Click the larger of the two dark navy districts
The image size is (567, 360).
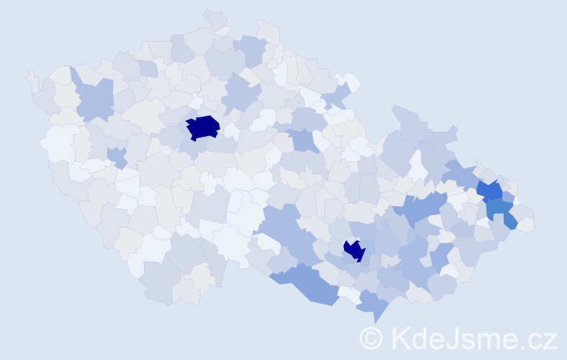coord(204,127)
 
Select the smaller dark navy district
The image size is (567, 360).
coord(354,250)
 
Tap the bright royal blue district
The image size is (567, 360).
coord(491,191)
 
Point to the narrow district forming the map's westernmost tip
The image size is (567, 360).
coord(32,78)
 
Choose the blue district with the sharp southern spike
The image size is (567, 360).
coord(371,305)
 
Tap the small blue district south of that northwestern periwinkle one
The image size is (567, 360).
coord(116,156)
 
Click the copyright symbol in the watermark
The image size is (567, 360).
coord(371,338)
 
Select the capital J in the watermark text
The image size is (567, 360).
coord(451,337)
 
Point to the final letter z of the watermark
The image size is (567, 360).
coord(550,340)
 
